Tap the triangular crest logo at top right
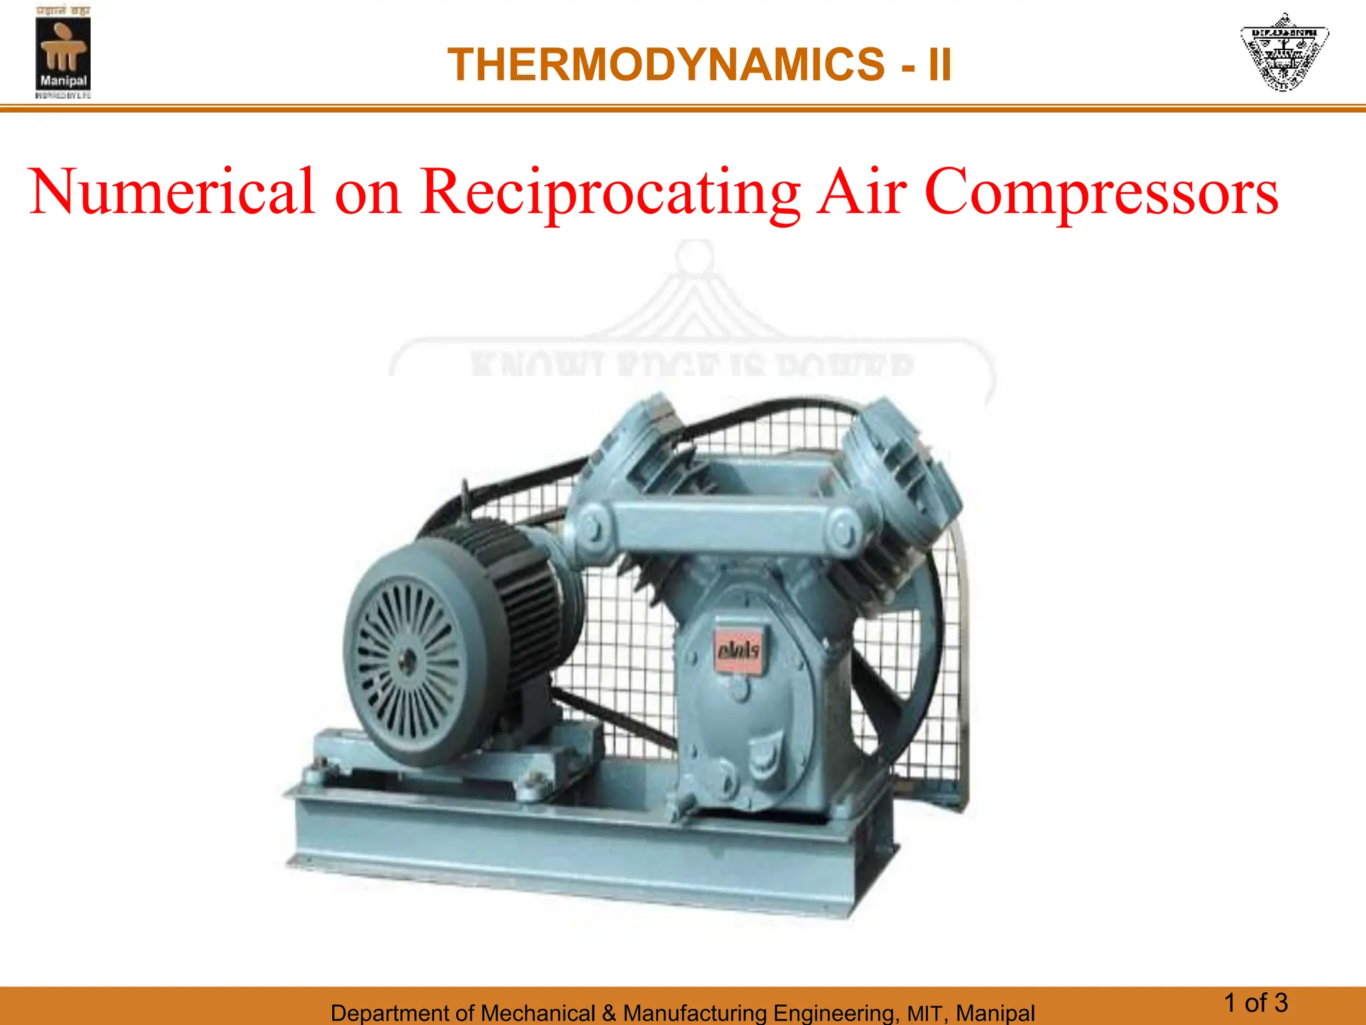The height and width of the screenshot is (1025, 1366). click(1284, 52)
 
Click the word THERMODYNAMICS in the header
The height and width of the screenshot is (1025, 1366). click(666, 65)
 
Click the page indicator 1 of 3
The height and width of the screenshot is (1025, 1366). click(1256, 1003)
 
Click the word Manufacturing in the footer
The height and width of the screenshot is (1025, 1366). click(694, 1013)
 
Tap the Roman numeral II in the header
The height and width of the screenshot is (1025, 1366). click(939, 65)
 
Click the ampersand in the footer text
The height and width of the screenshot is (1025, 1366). click(608, 1013)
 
